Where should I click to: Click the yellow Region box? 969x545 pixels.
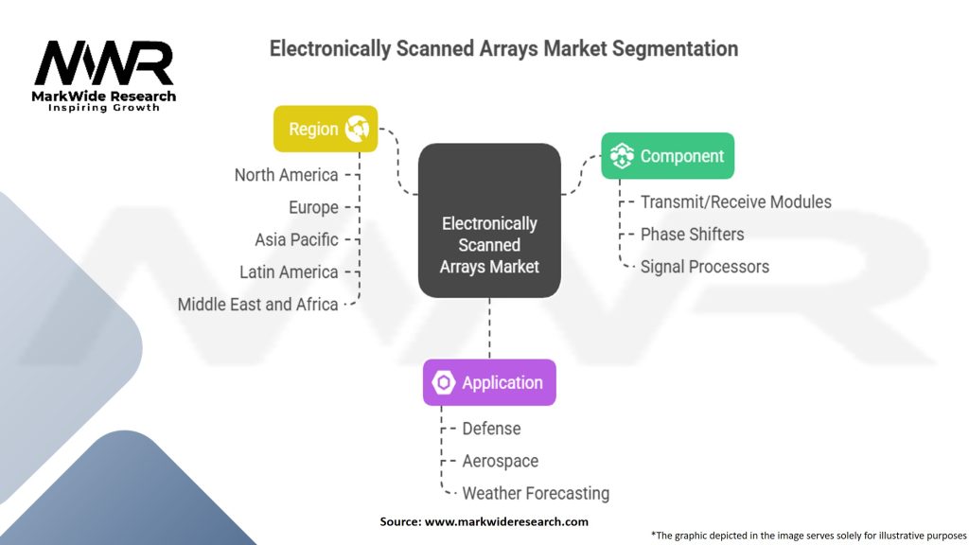pos(326,129)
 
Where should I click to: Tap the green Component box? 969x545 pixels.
pos(667,156)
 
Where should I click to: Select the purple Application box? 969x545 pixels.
pos(488,382)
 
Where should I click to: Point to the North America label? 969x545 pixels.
pos(286,175)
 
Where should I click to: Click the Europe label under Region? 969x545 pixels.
pos(313,207)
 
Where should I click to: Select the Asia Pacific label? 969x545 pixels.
pos(296,239)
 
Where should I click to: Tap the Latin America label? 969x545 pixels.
pos(289,272)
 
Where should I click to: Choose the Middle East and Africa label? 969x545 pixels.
pos(257,304)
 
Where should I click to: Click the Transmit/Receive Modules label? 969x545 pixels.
pos(735,202)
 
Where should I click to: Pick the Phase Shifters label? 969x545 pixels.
pos(692,234)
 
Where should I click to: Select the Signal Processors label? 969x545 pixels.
pos(704,267)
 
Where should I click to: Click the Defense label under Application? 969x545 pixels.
pos(491,429)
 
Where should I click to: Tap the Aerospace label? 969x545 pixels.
pos(500,461)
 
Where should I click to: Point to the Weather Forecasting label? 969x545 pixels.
pos(535,493)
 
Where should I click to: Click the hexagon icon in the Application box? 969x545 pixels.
pos(444,383)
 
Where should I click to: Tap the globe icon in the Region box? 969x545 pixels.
pos(358,129)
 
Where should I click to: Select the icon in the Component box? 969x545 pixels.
pos(622,156)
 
